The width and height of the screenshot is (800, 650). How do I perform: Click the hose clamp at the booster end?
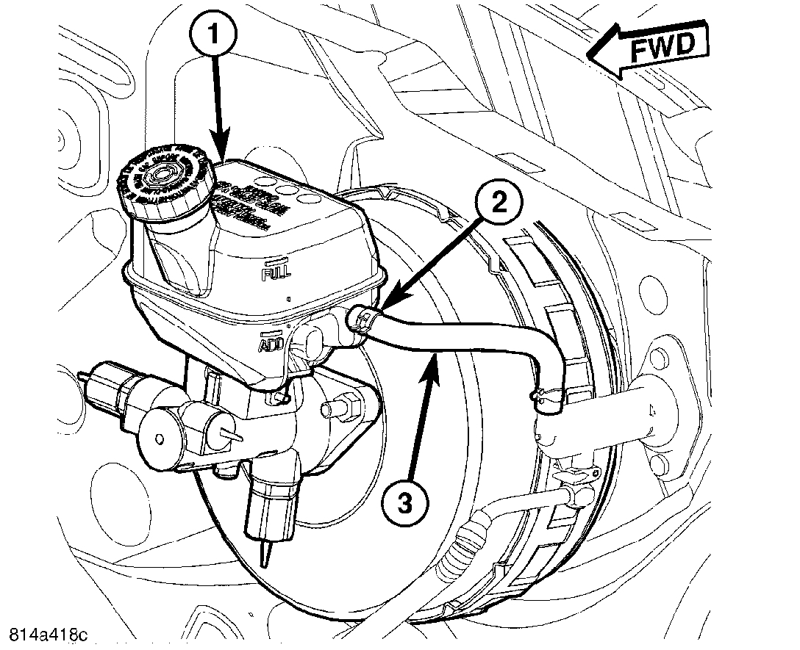click(545, 398)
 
